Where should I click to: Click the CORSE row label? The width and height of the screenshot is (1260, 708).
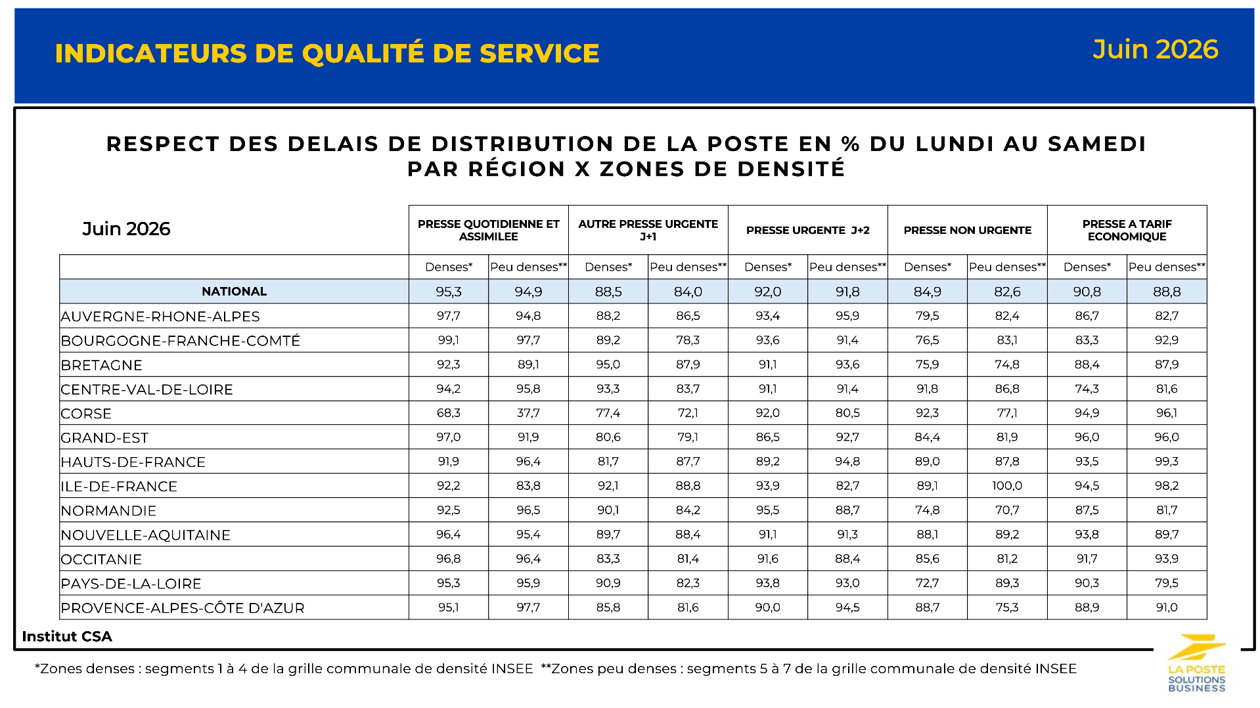(x=86, y=414)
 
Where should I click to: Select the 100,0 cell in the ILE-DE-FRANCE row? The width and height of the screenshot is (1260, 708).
(x=1007, y=486)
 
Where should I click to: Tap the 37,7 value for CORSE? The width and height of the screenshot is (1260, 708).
(x=528, y=413)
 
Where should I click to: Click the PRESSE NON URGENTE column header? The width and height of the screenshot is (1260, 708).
(x=967, y=231)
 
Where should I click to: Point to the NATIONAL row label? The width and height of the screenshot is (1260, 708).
(x=234, y=292)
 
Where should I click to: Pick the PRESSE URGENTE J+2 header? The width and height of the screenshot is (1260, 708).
(x=807, y=231)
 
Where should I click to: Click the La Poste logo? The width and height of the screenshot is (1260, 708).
(x=1197, y=663)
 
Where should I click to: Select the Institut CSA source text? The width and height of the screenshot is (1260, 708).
(x=67, y=636)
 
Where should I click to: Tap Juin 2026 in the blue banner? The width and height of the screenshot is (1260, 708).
(x=1155, y=50)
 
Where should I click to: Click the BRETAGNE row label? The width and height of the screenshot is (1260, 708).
(x=101, y=365)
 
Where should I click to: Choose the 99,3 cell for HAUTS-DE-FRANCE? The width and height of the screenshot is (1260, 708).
(x=1167, y=462)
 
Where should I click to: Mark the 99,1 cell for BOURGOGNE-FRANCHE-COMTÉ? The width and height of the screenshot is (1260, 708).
(x=449, y=340)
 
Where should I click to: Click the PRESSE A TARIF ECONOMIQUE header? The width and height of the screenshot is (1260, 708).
(x=1127, y=231)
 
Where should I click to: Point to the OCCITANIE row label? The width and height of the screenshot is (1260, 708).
(x=101, y=560)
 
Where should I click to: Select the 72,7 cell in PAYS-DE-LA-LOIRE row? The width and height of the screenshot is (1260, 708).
(x=927, y=583)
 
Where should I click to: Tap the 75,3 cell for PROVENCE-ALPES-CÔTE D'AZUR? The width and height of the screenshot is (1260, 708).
(x=1007, y=608)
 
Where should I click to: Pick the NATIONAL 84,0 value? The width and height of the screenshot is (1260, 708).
(x=688, y=292)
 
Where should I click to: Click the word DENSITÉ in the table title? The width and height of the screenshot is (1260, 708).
(x=791, y=169)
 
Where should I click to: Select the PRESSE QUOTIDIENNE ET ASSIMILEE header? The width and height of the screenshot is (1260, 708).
(x=488, y=231)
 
